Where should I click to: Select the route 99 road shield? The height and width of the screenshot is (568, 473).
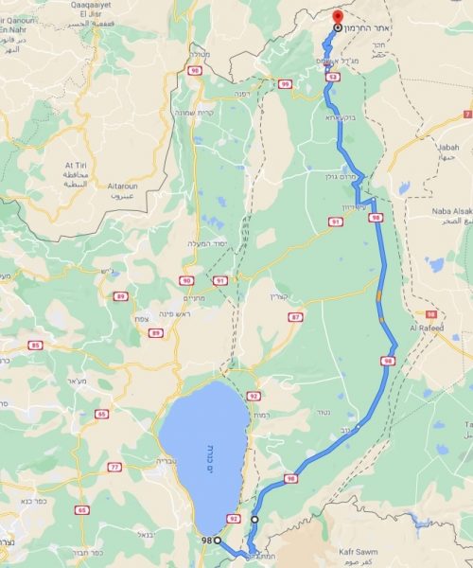285,84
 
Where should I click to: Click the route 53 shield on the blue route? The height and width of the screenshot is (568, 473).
334,77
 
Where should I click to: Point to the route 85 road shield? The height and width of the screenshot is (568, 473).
35,345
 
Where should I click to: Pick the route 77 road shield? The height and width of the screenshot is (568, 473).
114,467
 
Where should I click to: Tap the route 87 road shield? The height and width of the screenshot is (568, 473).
297,316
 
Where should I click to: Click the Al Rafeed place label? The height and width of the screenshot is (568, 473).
428,328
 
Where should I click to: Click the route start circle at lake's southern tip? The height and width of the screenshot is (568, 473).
218,540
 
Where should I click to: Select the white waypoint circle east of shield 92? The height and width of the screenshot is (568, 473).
254,520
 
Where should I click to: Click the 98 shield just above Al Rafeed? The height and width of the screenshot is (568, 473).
432,313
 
